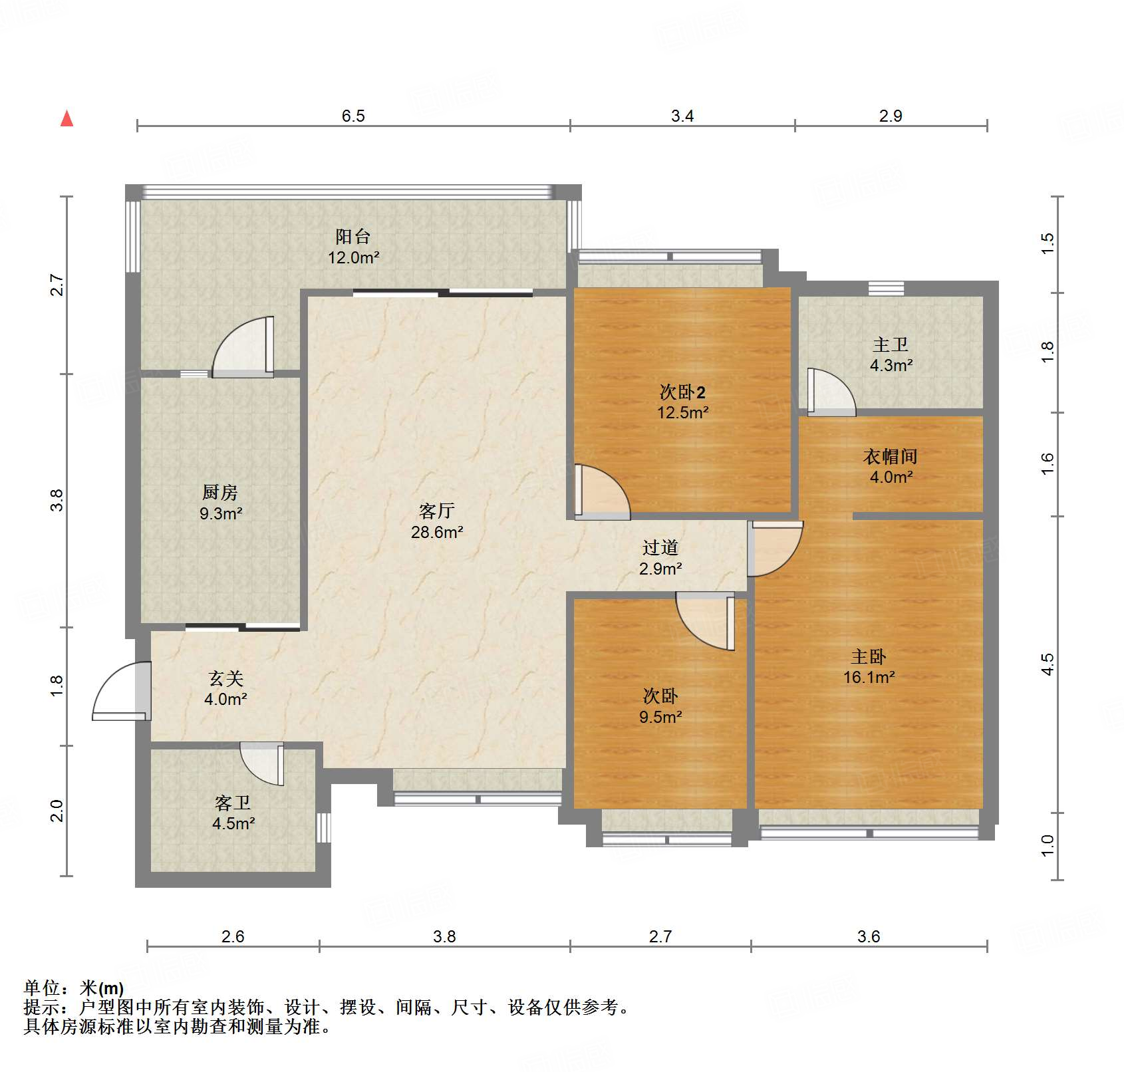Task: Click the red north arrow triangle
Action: pos(67,119)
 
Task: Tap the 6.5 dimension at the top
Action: pos(353,116)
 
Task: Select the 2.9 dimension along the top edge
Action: pos(891,116)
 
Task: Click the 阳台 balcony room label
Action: pos(352,237)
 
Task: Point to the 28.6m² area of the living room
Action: pos(437,532)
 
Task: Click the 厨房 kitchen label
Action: pos(219,493)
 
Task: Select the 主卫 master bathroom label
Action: pos(891,344)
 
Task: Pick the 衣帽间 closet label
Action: pos(891,456)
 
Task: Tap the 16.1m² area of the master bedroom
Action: pos(869,678)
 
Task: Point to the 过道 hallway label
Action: pos(660,547)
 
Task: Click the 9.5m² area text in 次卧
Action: pos(660,717)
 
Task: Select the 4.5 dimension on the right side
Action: pos(1048,664)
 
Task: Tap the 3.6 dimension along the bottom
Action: pos(869,936)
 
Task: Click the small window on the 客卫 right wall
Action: pos(323,827)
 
